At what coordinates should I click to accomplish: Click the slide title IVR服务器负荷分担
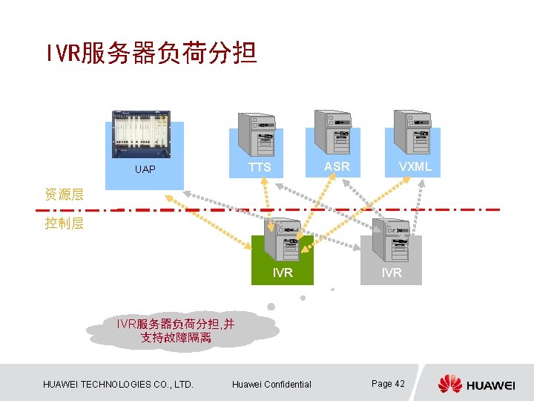151,53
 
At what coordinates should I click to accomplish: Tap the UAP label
145,170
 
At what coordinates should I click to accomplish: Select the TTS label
260,168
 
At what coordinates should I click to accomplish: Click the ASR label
337,166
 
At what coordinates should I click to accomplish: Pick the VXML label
415,166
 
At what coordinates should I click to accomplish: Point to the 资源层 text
64,195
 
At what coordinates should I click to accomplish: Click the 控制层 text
64,223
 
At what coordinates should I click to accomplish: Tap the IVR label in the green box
283,273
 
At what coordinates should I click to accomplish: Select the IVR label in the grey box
392,273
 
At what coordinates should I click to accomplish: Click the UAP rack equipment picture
141,135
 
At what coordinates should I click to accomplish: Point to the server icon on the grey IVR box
391,239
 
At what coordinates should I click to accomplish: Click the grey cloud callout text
176,330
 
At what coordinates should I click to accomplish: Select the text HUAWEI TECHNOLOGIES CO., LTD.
119,385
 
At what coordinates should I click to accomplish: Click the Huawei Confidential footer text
272,385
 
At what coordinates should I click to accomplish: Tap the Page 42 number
388,383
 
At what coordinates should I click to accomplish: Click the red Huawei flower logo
449,384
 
